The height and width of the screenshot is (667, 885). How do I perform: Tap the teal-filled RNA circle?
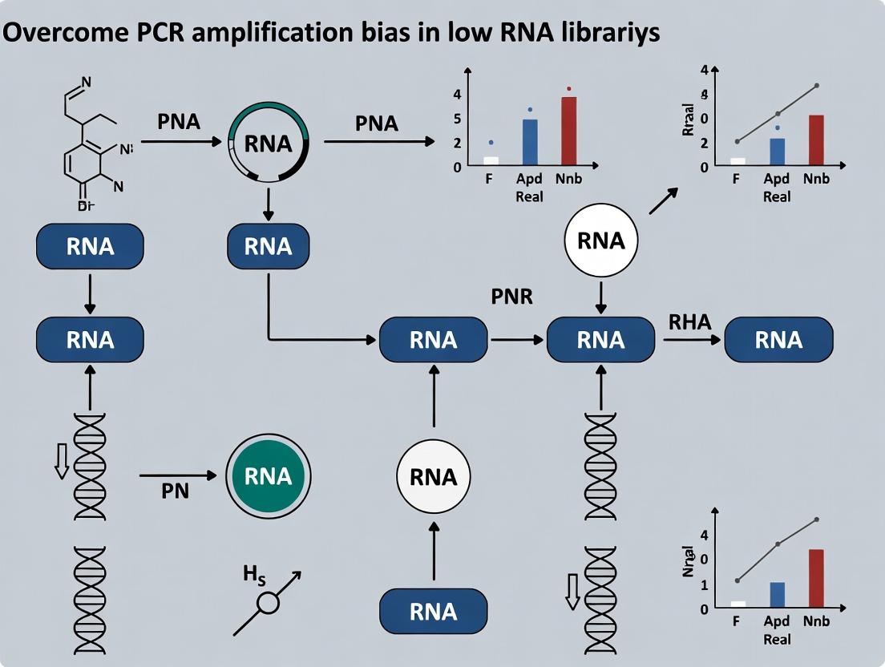point(268,476)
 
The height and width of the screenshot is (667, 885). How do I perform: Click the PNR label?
point(511,296)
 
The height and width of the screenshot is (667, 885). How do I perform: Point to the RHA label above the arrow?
point(689,322)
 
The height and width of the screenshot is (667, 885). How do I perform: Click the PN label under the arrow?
point(175,491)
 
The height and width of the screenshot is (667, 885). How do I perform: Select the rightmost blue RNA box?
point(778,339)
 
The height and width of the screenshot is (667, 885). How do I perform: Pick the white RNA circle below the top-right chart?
point(600,241)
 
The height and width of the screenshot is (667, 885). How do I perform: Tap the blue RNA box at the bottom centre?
point(433,612)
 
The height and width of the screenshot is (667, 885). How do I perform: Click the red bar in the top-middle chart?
point(568,131)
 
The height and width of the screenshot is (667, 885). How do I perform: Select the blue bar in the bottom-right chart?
point(777,595)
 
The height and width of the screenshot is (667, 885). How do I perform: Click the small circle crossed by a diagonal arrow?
point(267,603)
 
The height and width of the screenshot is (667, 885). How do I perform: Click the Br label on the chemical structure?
point(87,205)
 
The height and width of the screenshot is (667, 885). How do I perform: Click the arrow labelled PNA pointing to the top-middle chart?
point(377,142)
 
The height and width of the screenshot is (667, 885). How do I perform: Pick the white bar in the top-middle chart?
point(491,160)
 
